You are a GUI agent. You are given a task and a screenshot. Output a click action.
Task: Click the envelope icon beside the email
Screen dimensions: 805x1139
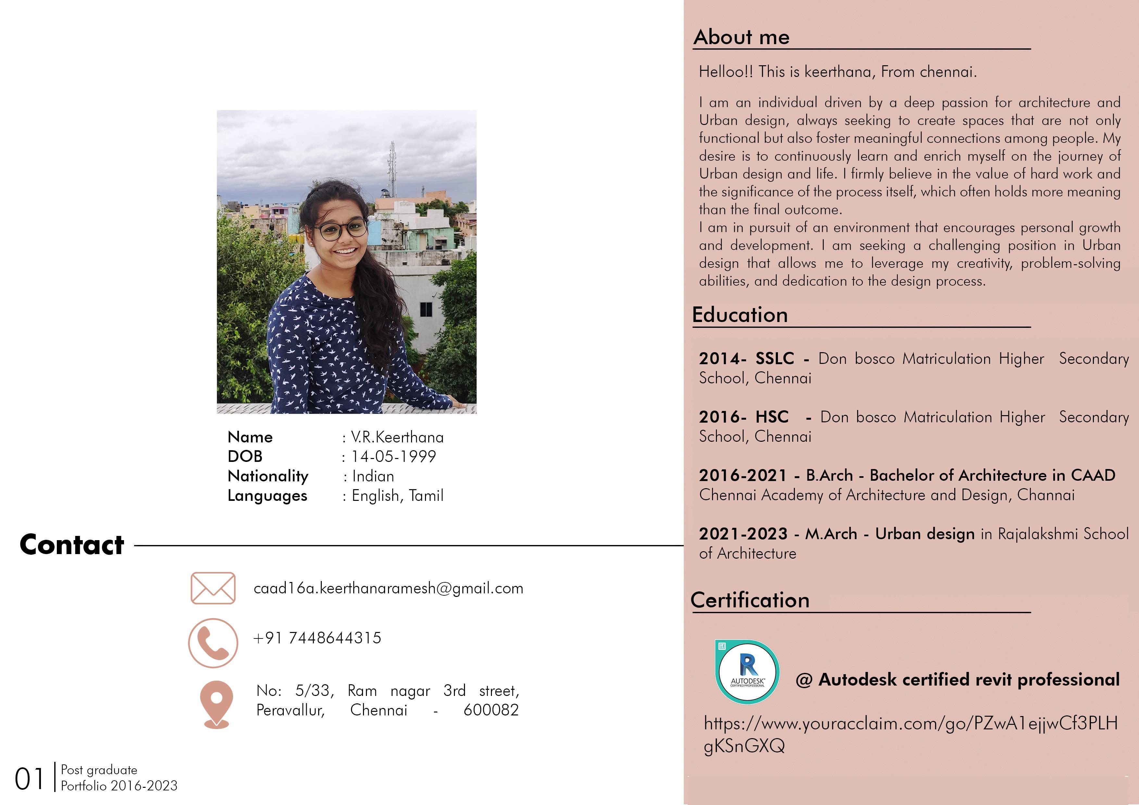click(x=213, y=588)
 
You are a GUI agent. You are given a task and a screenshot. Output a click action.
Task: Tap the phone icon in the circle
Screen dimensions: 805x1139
click(x=213, y=643)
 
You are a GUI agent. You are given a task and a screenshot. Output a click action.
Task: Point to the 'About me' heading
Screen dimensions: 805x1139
click(x=741, y=37)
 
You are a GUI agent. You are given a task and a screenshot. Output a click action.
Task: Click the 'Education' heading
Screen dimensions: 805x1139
click(x=740, y=315)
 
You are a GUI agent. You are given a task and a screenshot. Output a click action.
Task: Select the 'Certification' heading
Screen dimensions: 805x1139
click(x=750, y=600)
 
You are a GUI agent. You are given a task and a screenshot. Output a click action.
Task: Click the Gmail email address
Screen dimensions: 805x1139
click(x=388, y=588)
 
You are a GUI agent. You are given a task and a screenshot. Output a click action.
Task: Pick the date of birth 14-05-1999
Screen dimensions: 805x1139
click(x=394, y=456)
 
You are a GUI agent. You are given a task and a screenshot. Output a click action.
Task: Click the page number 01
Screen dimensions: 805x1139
click(x=29, y=779)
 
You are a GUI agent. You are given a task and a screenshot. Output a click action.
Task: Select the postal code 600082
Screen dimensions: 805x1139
click(x=491, y=710)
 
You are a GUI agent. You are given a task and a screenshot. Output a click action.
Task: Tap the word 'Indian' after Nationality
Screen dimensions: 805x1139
click(x=373, y=476)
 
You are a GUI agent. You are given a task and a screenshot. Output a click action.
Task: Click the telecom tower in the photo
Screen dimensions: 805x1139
click(x=392, y=169)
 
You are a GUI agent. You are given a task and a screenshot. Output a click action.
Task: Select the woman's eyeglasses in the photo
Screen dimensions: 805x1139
click(x=341, y=229)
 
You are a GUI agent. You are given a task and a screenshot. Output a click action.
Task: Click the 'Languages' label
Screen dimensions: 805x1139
click(x=267, y=496)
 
